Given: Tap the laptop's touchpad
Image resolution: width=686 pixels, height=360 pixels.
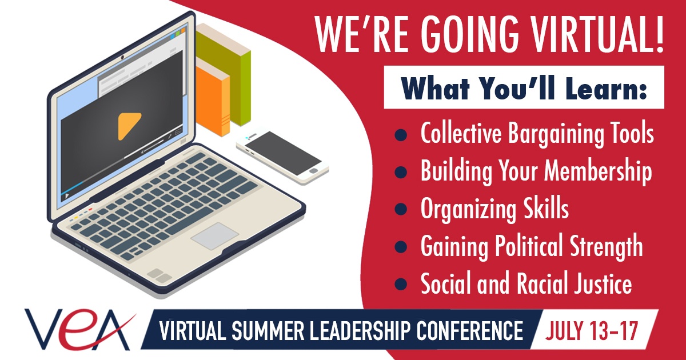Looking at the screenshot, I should [214, 235].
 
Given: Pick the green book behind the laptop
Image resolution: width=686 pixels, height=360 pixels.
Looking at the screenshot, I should [229, 69].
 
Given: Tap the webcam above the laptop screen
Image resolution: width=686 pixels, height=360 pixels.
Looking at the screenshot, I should [123, 58].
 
